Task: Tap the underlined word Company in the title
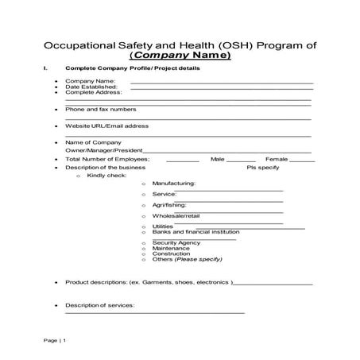pos(173,56)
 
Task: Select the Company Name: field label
pos(91,81)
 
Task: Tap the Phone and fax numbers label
pos(100,109)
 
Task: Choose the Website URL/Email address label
pos(106,126)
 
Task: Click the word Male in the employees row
pos(218,159)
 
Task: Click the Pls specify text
pos(263,168)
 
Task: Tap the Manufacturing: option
pos(173,184)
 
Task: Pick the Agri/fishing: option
pos(169,205)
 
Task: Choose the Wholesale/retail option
pos(176,216)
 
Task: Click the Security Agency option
pos(176,242)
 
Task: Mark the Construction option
pos(171,254)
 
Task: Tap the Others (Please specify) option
pos(187,259)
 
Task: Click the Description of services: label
pos(100,304)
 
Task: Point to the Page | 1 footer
pos(55,340)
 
